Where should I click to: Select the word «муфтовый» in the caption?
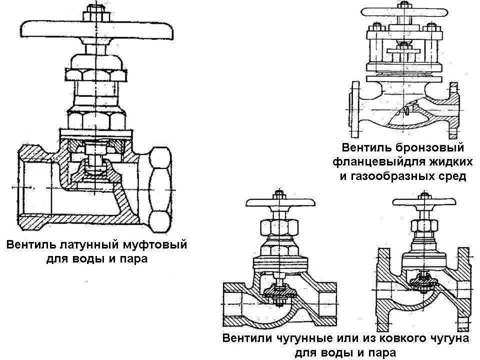(x=154, y=245)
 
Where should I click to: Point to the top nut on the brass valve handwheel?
(x=94, y=11)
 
